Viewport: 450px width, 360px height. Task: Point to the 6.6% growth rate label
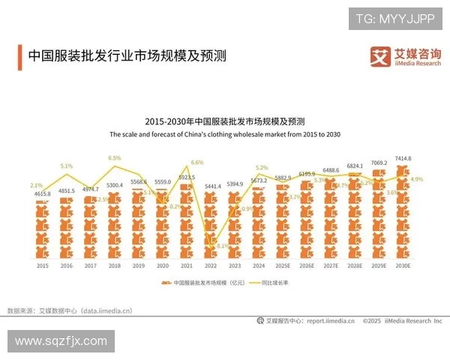(197, 162)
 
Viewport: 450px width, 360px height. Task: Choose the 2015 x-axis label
(42, 265)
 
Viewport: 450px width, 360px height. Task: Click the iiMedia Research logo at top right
(406, 57)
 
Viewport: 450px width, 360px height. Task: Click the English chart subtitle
(225, 134)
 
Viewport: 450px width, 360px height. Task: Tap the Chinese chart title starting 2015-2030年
(225, 121)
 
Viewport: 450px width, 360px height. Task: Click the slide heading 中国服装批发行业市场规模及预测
(127, 56)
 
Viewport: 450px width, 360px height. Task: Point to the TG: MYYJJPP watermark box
(394, 18)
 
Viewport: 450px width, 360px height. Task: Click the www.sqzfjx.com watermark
(61, 341)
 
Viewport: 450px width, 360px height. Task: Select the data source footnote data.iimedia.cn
(69, 310)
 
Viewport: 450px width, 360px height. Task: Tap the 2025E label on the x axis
(283, 265)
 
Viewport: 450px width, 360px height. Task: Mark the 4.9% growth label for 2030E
(417, 179)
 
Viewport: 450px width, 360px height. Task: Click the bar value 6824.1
(355, 166)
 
